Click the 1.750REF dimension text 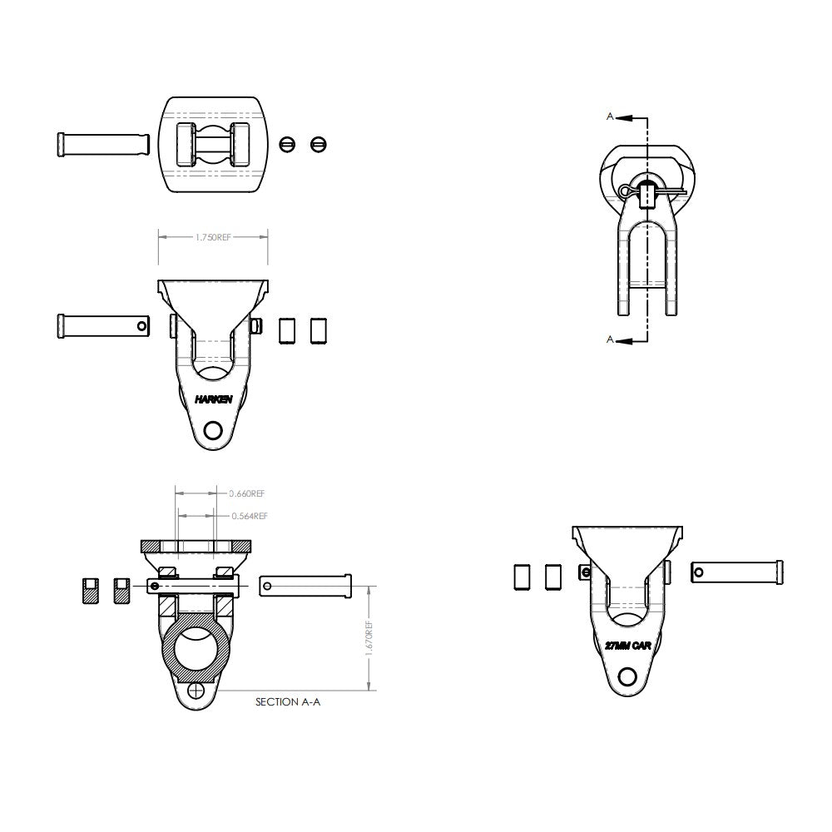pyautogui.click(x=213, y=237)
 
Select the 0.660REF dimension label pyautogui.click(x=248, y=493)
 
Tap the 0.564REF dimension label pyautogui.click(x=250, y=516)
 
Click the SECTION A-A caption pyautogui.click(x=287, y=702)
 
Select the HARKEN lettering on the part pyautogui.click(x=214, y=399)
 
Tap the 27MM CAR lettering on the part pyautogui.click(x=628, y=646)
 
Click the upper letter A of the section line pyautogui.click(x=610, y=117)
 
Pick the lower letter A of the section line pyautogui.click(x=610, y=339)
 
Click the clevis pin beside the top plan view pyautogui.click(x=104, y=144)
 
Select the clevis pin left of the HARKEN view pyautogui.click(x=104, y=324)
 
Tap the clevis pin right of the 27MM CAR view pyautogui.click(x=737, y=572)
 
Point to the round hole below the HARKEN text pyautogui.click(x=213, y=430)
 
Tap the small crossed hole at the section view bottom pyautogui.click(x=196, y=691)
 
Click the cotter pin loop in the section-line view pyautogui.click(x=626, y=192)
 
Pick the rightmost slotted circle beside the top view pyautogui.click(x=317, y=145)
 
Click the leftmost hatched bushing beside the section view pyautogui.click(x=90, y=590)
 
